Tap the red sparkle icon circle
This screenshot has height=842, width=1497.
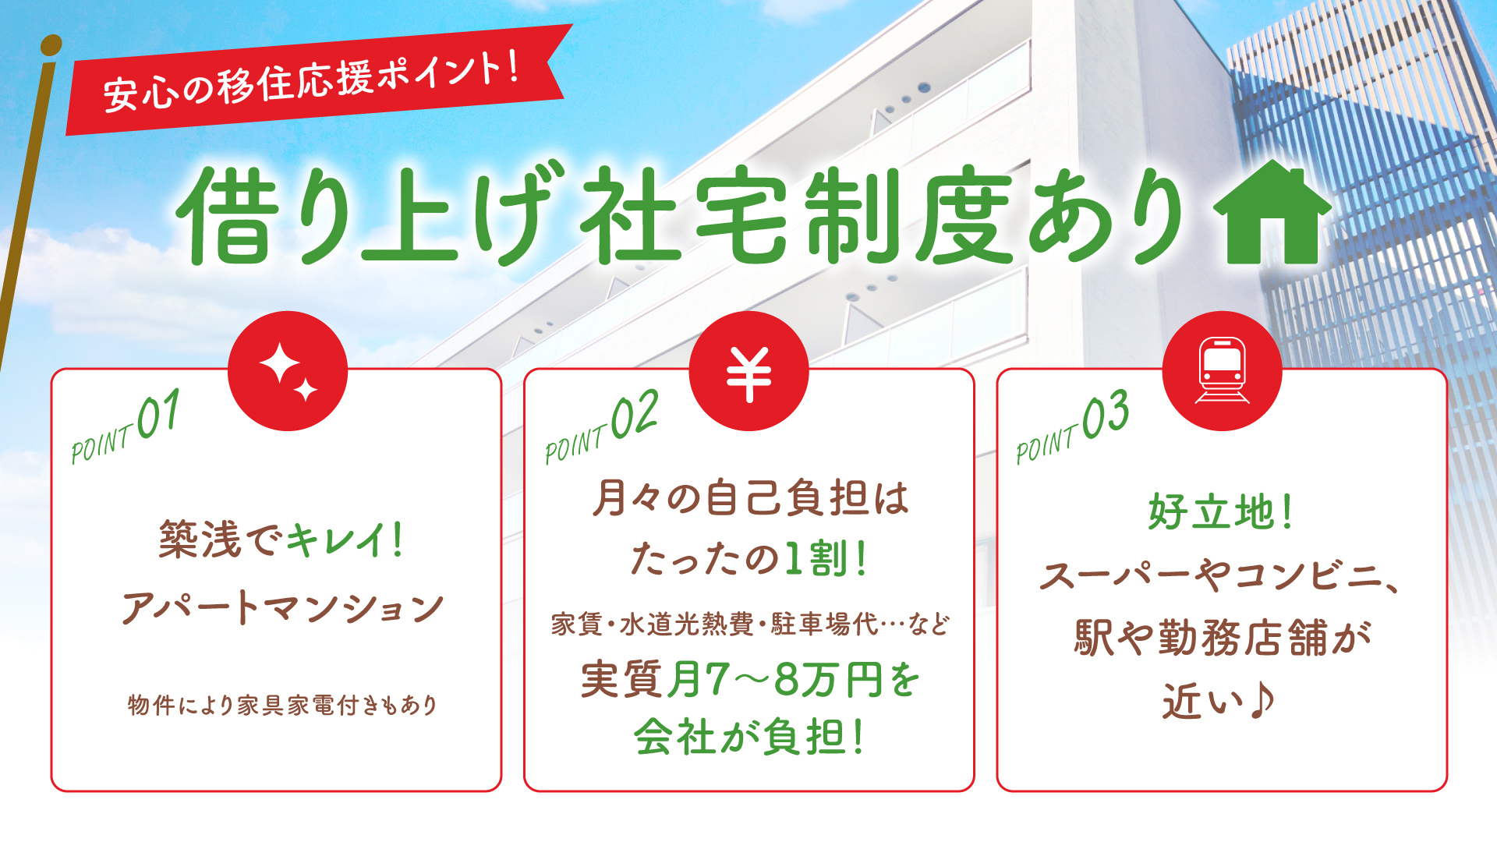(288, 371)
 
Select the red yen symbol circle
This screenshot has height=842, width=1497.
(748, 371)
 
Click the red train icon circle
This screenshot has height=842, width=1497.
(1222, 371)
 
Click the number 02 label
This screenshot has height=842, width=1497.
(634, 415)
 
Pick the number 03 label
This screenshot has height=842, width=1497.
(1106, 415)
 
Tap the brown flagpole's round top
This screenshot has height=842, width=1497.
(51, 45)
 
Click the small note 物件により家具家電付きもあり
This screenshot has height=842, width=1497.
(282, 705)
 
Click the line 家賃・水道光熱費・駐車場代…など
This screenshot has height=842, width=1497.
(750, 624)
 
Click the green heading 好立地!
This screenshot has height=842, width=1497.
(1220, 512)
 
